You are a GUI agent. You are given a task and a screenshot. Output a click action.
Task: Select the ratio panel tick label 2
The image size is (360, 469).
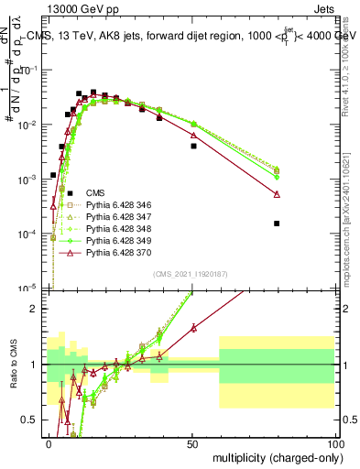click(x=38, y=308)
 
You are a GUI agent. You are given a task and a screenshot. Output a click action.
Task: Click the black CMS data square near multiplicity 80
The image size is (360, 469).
click(x=277, y=223)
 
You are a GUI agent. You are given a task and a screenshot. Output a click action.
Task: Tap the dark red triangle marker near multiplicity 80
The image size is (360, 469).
click(x=277, y=194)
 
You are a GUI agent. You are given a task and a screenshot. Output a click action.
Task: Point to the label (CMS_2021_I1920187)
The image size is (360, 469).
click(x=191, y=274)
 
